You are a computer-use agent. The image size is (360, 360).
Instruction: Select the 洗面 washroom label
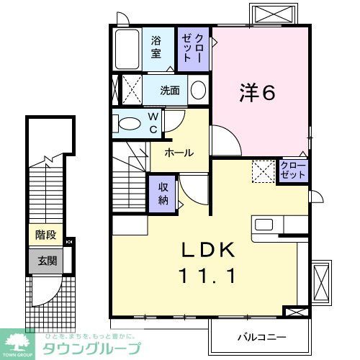(x=170, y=90)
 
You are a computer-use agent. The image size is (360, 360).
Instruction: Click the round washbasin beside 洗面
(x=199, y=90)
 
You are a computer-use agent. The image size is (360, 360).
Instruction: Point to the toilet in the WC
(x=130, y=124)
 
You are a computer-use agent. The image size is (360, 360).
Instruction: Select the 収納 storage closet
(x=163, y=192)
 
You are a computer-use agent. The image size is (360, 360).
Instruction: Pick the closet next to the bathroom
(x=192, y=48)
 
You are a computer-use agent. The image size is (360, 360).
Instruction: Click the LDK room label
(x=209, y=251)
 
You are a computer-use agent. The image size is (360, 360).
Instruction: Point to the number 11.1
(x=209, y=276)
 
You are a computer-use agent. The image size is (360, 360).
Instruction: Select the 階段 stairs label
(x=46, y=235)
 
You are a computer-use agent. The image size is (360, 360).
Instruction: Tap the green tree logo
(x=20, y=341)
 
